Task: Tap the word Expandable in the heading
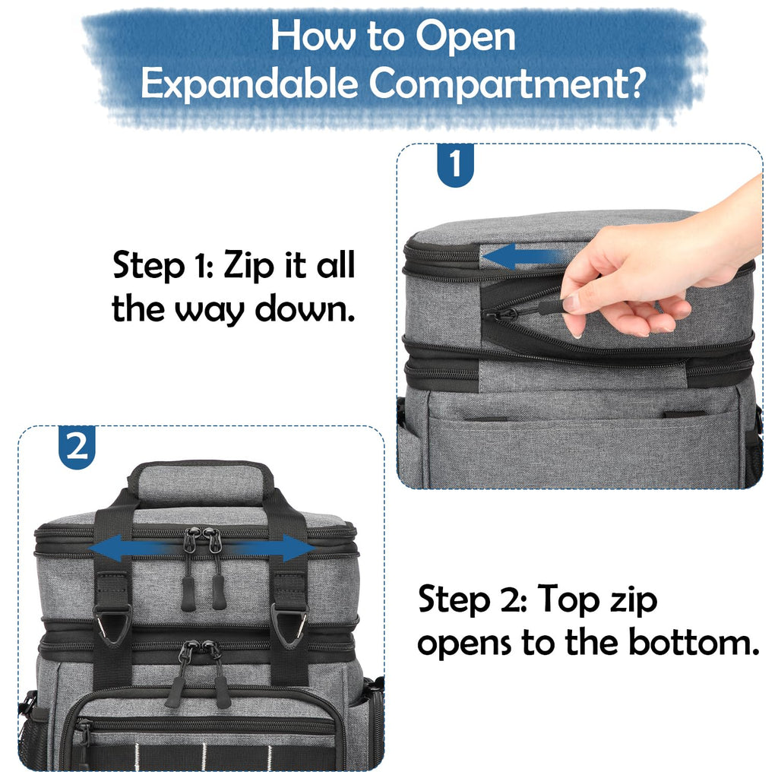tap(249, 84)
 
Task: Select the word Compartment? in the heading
tap(507, 84)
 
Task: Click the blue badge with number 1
tap(455, 165)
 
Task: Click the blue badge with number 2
tap(77, 447)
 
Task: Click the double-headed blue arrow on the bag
tap(201, 549)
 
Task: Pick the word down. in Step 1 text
tap(305, 308)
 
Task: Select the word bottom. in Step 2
tap(694, 643)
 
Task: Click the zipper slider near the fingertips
tap(502, 314)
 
